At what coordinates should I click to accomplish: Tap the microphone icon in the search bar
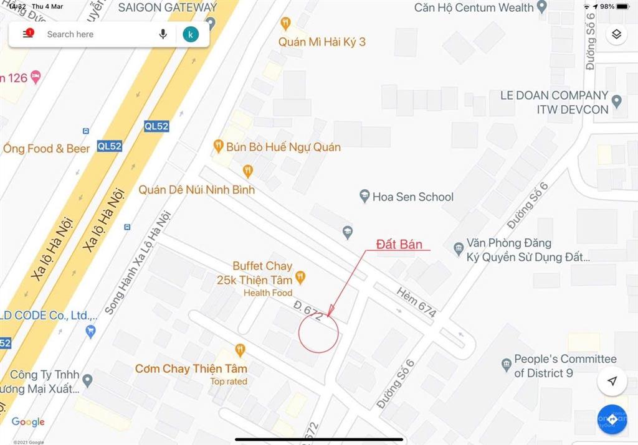pyautogui.click(x=163, y=34)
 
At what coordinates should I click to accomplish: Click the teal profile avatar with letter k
pyautogui.click(x=191, y=34)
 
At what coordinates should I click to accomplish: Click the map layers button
pyautogui.click(x=616, y=34)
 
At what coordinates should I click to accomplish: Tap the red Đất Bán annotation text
pyautogui.click(x=403, y=243)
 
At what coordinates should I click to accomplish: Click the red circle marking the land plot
pyautogui.click(x=318, y=332)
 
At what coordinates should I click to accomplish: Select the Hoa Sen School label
pyautogui.click(x=412, y=197)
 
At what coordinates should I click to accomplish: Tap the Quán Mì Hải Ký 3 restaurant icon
pyautogui.click(x=285, y=24)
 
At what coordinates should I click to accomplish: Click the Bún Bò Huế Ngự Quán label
pyautogui.click(x=283, y=148)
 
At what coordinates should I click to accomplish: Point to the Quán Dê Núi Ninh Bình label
pyautogui.click(x=196, y=189)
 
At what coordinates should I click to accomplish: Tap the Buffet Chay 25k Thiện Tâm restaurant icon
pyautogui.click(x=300, y=277)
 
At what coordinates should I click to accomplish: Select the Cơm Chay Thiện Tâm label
pyautogui.click(x=188, y=368)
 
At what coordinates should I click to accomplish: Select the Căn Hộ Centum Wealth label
pyautogui.click(x=474, y=7)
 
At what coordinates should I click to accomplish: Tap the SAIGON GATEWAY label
pyautogui.click(x=167, y=7)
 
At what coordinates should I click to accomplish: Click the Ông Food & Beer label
pyautogui.click(x=47, y=149)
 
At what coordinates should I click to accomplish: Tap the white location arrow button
pyautogui.click(x=612, y=381)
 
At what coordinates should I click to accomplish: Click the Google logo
pyautogui.click(x=29, y=422)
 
